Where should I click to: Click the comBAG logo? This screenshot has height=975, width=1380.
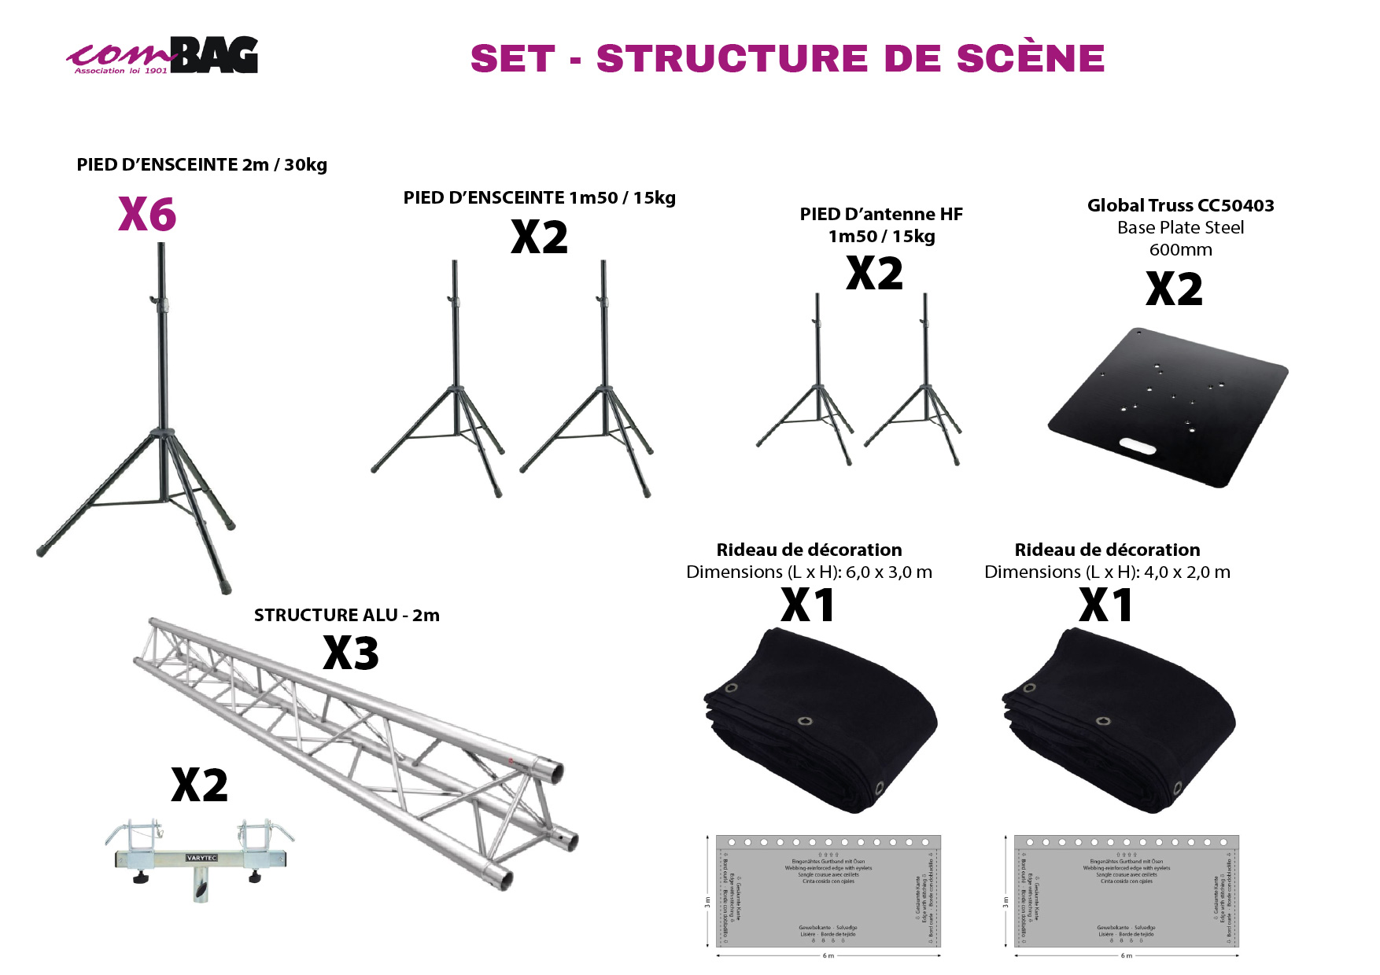coord(163,56)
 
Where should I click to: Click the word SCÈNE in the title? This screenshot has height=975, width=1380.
coord(1030,59)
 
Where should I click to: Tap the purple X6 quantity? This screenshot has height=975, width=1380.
coord(147,214)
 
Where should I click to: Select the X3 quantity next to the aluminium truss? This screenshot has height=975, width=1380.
coord(351,653)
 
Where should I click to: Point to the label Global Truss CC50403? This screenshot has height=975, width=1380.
coord(1180,206)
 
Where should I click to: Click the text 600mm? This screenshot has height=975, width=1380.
coord(1180,250)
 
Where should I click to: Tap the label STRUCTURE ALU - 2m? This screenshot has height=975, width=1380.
coord(346,616)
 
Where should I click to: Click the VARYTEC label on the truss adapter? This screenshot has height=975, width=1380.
coord(201,858)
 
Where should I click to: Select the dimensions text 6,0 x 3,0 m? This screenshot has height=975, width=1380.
coord(888,572)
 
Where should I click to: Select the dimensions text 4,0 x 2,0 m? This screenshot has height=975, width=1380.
coord(1186,572)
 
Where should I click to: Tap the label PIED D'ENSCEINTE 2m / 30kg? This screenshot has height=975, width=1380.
coord(201,165)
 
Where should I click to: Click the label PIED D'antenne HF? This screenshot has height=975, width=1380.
coord(881,215)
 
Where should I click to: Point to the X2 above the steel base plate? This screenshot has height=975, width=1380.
coord(1174,289)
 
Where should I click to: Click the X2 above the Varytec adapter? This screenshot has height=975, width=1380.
coord(200,786)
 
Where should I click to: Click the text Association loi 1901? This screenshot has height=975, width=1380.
coord(120,71)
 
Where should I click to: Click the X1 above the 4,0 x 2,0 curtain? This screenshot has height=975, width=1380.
coord(1105,605)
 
